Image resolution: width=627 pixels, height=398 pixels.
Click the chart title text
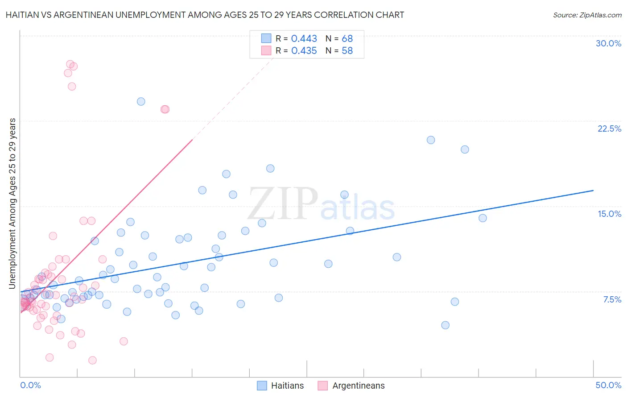point(205,15)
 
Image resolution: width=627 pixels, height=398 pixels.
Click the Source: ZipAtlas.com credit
point(587,15)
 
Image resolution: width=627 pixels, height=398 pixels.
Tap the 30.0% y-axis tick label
point(608,43)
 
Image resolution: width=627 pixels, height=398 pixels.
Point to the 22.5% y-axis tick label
point(609,129)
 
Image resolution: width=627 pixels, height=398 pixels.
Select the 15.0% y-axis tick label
point(609,214)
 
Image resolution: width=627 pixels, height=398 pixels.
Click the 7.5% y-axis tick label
point(612,299)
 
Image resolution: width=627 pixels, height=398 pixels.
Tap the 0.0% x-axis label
point(30,385)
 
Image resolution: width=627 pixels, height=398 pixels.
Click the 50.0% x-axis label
point(608,385)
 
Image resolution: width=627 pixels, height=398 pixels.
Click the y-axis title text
point(12,203)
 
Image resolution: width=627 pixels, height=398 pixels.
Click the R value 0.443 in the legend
point(304,39)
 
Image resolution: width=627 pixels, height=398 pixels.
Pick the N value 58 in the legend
point(347,51)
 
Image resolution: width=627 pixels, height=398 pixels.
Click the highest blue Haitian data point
point(141,101)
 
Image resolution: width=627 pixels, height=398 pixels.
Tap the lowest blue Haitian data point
point(445,325)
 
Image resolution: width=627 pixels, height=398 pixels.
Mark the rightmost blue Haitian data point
point(483,218)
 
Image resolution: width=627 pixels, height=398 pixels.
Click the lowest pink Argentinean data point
point(92,360)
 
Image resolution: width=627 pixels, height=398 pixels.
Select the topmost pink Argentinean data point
point(70,64)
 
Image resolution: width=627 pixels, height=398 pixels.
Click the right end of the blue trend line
point(593,191)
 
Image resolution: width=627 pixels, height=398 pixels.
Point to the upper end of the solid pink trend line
point(192,140)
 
